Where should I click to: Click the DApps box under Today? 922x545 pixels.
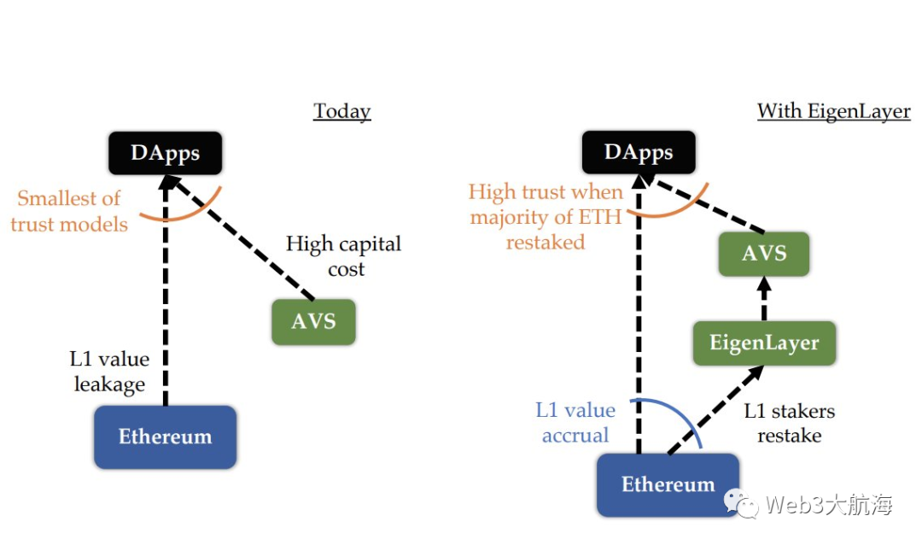point(166,153)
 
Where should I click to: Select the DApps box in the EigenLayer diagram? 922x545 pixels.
point(639,152)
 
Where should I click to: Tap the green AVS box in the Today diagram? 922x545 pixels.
point(313,321)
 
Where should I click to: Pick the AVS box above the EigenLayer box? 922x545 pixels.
point(764,254)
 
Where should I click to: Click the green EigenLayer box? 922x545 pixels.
point(764,343)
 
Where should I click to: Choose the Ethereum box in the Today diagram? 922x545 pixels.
point(166,437)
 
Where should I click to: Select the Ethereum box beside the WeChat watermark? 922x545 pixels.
point(668,485)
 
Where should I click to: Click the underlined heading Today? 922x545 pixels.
point(342,111)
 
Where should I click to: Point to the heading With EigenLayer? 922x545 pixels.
point(834,111)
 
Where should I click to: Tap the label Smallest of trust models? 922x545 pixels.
point(69,211)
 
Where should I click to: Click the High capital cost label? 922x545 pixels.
point(344,256)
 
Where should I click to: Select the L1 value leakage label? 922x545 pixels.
point(109,372)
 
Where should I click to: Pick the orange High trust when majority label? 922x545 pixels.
point(546,217)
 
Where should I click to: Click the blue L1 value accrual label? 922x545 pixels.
point(575,423)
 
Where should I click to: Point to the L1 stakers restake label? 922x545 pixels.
point(789,423)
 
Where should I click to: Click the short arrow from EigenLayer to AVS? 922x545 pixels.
point(764,298)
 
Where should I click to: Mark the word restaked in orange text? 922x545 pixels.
point(546,243)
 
